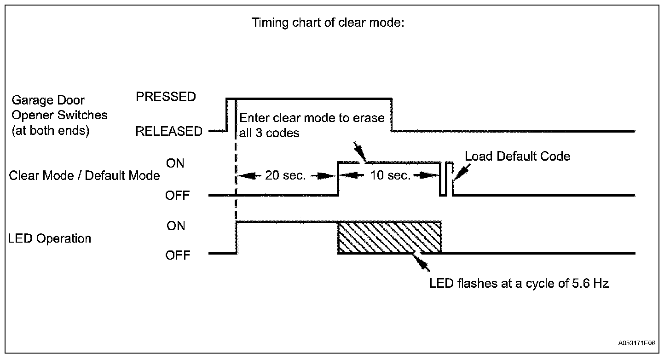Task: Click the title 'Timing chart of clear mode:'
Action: [328, 23]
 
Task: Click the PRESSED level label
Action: [166, 97]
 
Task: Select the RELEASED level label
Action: [168, 132]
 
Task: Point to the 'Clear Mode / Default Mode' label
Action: [84, 175]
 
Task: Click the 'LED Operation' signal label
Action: [50, 238]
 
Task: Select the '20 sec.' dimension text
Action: [285, 175]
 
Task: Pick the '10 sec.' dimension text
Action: [390, 175]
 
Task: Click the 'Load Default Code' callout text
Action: [517, 156]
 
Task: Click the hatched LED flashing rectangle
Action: [389, 237]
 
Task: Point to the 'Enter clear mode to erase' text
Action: [312, 117]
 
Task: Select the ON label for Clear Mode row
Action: [175, 163]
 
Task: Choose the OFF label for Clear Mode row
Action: [178, 196]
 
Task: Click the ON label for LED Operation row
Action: [175, 226]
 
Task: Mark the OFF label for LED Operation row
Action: [178, 255]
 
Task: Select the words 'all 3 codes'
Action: [269, 133]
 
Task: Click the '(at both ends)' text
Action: [50, 131]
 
